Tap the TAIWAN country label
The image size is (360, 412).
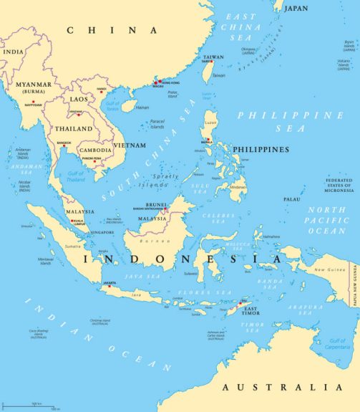pyautogui.click(x=213, y=57)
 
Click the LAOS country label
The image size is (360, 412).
pyautogui.click(x=79, y=99)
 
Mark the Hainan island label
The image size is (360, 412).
pyautogui.click(x=142, y=107)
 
